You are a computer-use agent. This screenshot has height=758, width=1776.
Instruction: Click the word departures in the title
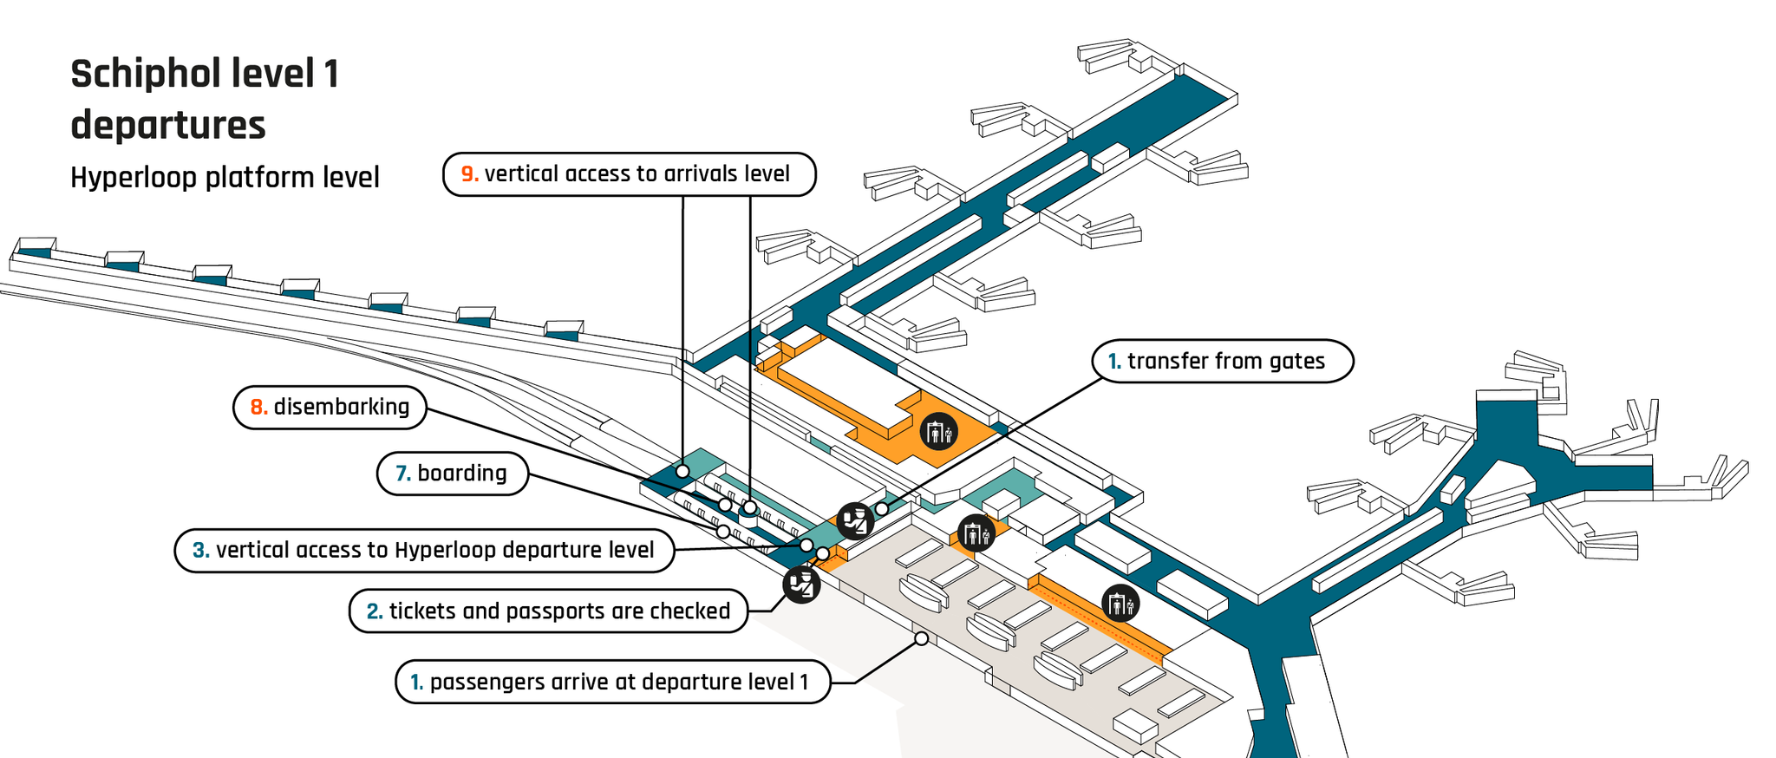(168, 126)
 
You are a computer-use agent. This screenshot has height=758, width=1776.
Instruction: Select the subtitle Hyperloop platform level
(225, 178)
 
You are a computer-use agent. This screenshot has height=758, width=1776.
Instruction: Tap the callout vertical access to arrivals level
(629, 174)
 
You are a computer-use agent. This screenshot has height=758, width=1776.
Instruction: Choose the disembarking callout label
(330, 408)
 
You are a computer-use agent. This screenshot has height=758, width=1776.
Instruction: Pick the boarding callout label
(452, 474)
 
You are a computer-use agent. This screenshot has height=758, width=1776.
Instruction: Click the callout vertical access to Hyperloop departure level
(424, 551)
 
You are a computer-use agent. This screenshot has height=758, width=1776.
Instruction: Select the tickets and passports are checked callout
(548, 611)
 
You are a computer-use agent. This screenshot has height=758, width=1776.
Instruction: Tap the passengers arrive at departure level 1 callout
(612, 683)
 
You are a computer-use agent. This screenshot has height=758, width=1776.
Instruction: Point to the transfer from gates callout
(1223, 361)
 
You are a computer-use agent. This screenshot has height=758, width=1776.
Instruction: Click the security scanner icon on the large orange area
(939, 431)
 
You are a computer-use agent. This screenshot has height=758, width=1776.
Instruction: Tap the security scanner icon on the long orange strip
(1120, 603)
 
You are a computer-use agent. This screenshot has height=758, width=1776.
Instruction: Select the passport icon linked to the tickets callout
(802, 585)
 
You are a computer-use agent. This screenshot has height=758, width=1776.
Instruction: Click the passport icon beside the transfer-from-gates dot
(855, 520)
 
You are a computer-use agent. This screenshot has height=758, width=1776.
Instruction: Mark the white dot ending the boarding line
(723, 532)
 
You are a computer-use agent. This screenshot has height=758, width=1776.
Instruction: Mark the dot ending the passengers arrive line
(922, 638)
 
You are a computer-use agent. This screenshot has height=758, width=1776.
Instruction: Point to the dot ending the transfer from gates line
(882, 509)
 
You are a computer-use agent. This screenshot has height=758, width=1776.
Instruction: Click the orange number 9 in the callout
(469, 174)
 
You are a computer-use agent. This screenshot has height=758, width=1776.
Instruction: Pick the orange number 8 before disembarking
(258, 408)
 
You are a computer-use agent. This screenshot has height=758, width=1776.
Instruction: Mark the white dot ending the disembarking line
(725, 505)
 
